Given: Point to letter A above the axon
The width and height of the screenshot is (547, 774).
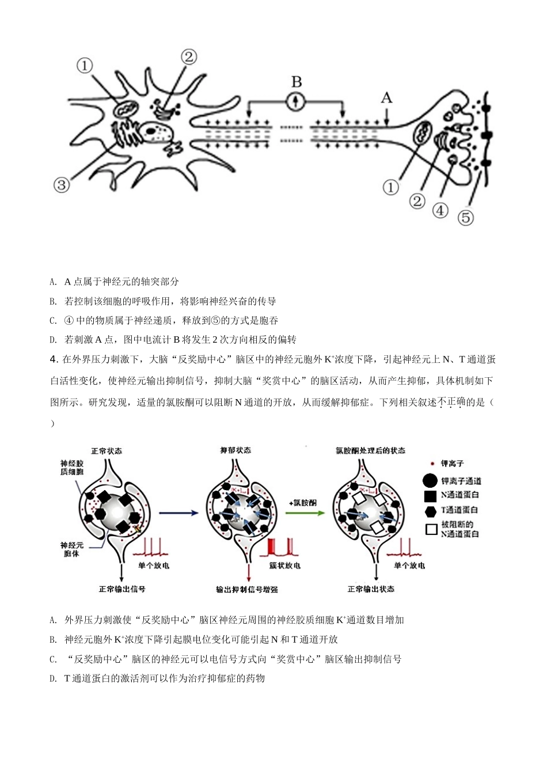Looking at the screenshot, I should [x=386, y=97].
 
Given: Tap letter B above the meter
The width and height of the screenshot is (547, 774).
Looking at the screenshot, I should [x=297, y=82].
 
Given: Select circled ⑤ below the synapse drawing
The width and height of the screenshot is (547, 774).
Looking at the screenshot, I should [x=465, y=218].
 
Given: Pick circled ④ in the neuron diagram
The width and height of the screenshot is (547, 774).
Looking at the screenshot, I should [x=440, y=210].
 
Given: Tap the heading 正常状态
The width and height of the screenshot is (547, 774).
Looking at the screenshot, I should [x=107, y=450].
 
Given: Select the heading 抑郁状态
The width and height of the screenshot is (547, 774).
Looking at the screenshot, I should [x=235, y=450].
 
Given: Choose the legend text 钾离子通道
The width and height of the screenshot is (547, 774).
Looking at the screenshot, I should [x=461, y=481].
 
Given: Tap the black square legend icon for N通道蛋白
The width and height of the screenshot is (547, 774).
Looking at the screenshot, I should [x=430, y=495].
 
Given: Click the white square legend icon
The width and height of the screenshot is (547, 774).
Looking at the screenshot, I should [x=431, y=529].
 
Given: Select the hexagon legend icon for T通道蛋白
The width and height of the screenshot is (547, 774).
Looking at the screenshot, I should [x=430, y=510].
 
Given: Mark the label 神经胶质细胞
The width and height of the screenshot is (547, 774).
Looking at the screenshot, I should [x=72, y=467].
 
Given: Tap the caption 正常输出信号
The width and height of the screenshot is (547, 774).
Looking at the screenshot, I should [x=122, y=589].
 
